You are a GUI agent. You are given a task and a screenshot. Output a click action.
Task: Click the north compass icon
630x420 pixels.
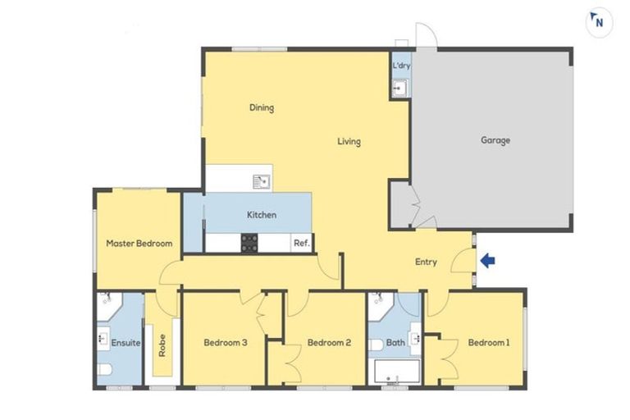599,22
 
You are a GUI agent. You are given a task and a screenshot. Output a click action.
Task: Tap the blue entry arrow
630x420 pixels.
487,261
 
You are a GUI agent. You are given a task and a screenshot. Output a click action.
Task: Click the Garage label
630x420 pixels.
495,140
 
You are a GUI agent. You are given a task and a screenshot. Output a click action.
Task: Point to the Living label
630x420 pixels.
349,142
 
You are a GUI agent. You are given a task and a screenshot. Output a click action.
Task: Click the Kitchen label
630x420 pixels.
262,215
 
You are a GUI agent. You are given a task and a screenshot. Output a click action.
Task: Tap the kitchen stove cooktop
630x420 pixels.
249,243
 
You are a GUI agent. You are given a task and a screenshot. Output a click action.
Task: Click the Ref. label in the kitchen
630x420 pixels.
301,243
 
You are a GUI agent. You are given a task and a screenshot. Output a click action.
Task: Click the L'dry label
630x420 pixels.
401,65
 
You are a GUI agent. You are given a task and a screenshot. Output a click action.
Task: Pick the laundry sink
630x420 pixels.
399,87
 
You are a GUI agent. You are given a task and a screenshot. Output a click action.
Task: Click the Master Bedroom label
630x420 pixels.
139,244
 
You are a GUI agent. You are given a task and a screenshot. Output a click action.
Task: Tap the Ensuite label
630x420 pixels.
125,343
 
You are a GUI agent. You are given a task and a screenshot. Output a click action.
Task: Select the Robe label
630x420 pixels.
162,343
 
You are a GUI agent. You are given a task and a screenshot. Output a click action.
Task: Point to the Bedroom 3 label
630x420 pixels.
225,343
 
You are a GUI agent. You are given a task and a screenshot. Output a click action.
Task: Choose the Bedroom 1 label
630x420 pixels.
488,343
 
